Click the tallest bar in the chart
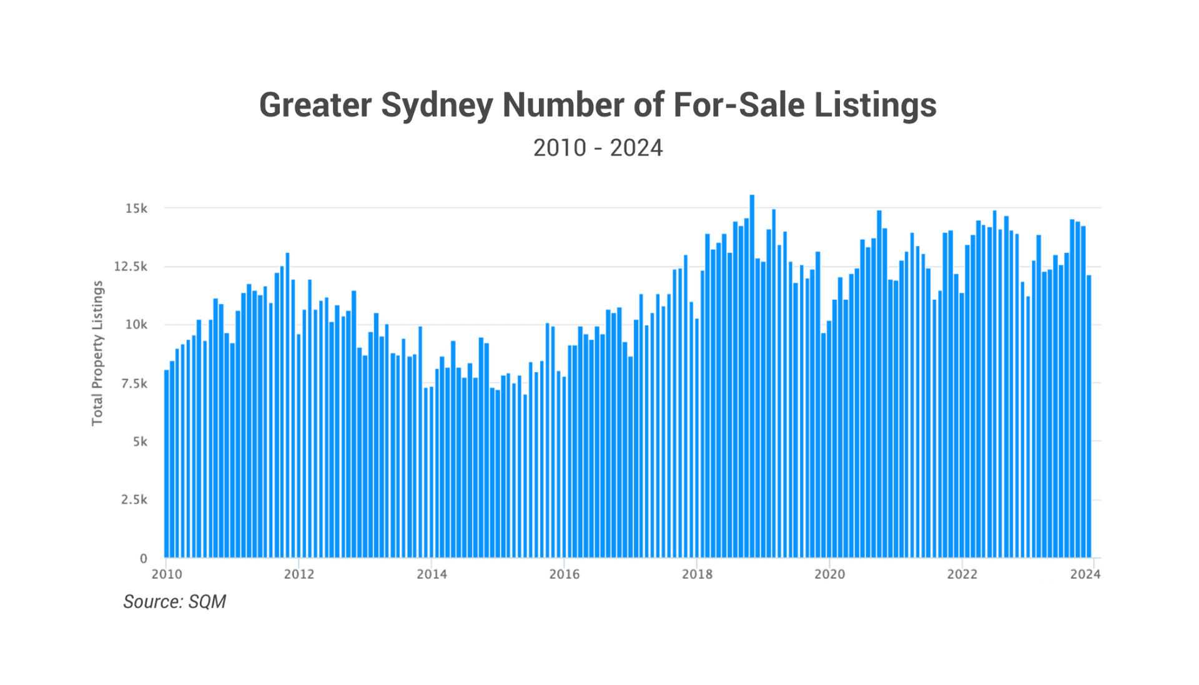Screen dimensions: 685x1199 pyautogui.click(x=752, y=375)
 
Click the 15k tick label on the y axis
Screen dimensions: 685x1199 pyautogui.click(x=136, y=209)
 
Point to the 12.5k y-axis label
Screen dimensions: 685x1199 pyautogui.click(x=131, y=267)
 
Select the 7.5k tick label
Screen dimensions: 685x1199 pyautogui.click(x=134, y=383)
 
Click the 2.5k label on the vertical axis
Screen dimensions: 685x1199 pyautogui.click(x=134, y=500)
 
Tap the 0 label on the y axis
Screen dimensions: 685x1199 pyautogui.click(x=144, y=558)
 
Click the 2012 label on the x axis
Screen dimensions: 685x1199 pyautogui.click(x=299, y=574)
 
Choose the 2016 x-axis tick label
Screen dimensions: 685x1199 pyautogui.click(x=564, y=574)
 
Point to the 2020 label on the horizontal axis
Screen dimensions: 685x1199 pyautogui.click(x=829, y=574)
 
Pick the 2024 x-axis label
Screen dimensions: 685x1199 pyautogui.click(x=1085, y=574)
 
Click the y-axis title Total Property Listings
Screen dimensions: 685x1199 pyautogui.click(x=97, y=353)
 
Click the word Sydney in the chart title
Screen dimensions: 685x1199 pyautogui.click(x=437, y=105)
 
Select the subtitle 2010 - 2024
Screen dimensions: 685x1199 pyautogui.click(x=598, y=148)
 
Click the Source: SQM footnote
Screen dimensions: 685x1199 pyautogui.click(x=174, y=601)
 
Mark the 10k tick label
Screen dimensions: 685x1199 pyautogui.click(x=136, y=325)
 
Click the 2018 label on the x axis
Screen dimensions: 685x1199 pyautogui.click(x=697, y=574)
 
